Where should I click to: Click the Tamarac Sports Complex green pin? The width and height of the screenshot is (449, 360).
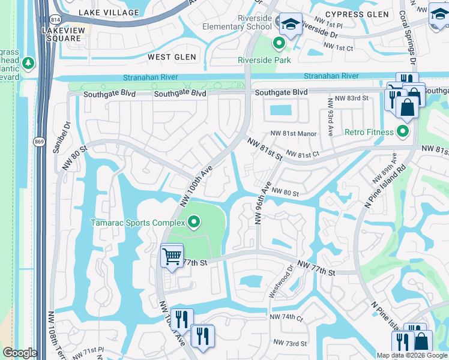[193, 223]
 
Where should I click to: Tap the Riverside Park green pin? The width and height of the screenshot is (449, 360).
[279, 43]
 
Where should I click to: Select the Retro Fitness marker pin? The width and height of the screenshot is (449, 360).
[403, 131]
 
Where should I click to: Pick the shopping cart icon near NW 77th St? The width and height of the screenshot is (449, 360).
[172, 257]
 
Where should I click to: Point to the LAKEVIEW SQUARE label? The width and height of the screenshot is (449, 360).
[61, 34]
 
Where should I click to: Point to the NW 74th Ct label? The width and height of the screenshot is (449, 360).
[287, 316]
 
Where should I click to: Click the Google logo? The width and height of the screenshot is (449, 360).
[20, 353]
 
